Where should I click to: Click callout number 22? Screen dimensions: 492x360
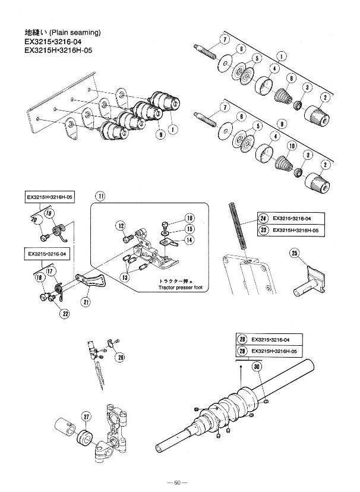click(65, 313)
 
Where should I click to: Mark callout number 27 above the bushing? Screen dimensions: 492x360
click(87, 417)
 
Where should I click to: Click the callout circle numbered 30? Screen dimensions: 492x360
click(257, 367)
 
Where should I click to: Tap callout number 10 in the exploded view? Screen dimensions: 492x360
click(292, 146)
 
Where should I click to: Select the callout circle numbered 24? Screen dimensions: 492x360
click(263, 218)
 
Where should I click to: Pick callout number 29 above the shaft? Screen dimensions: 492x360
click(242, 351)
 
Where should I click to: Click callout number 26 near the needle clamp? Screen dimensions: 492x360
click(121, 357)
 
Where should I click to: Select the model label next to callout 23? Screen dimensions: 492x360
click(296, 229)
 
